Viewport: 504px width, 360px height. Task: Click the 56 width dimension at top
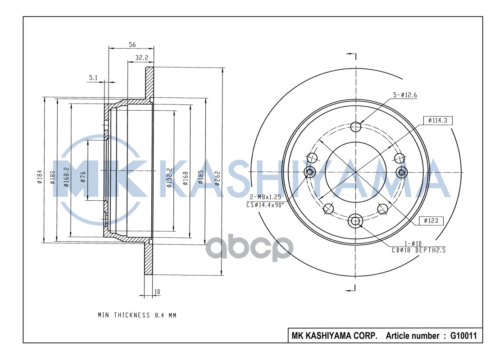tap(132, 44)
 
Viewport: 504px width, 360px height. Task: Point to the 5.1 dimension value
tap(93, 78)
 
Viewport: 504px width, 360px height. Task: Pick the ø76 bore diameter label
tap(82, 176)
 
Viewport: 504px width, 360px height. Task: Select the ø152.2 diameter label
tap(169, 177)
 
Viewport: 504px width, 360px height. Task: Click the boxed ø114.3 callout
tap(438, 121)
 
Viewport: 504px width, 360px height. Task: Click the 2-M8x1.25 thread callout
tap(266, 198)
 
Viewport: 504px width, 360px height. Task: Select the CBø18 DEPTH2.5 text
tap(418, 250)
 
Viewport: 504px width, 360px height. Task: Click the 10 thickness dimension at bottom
tap(157, 292)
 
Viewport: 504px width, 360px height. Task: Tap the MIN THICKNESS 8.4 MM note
tap(137, 315)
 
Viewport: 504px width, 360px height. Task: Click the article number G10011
tap(463, 336)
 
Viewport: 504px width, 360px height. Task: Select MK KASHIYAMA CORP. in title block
tap(335, 336)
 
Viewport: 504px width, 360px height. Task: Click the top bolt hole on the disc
tap(356, 126)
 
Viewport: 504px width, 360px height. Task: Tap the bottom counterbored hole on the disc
tap(355, 220)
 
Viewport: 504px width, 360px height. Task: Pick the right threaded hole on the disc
tap(401, 172)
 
